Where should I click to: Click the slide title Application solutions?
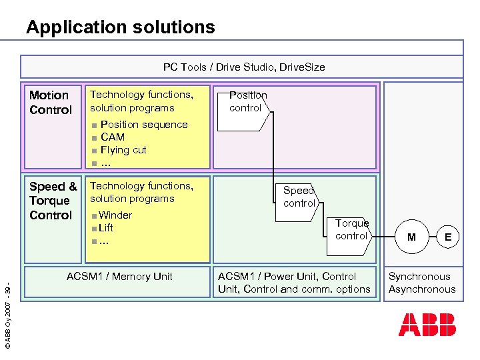point(121,27)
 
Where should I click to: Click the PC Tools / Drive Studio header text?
point(244,67)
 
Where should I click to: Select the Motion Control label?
point(50,103)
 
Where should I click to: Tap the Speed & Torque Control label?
point(53,201)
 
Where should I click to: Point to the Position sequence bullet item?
point(143,125)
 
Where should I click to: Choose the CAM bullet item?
point(112,137)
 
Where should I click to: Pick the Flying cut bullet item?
point(123,150)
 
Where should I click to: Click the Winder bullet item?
point(115,215)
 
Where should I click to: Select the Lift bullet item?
point(105,228)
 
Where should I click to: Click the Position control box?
point(248,101)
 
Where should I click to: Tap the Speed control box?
point(299,197)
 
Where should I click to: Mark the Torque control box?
point(352,230)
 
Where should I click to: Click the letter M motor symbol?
point(411,237)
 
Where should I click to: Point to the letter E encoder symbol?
point(448,237)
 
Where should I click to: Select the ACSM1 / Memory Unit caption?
point(119,277)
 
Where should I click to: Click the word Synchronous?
point(419,277)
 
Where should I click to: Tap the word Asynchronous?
point(422,289)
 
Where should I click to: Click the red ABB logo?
point(427,325)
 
